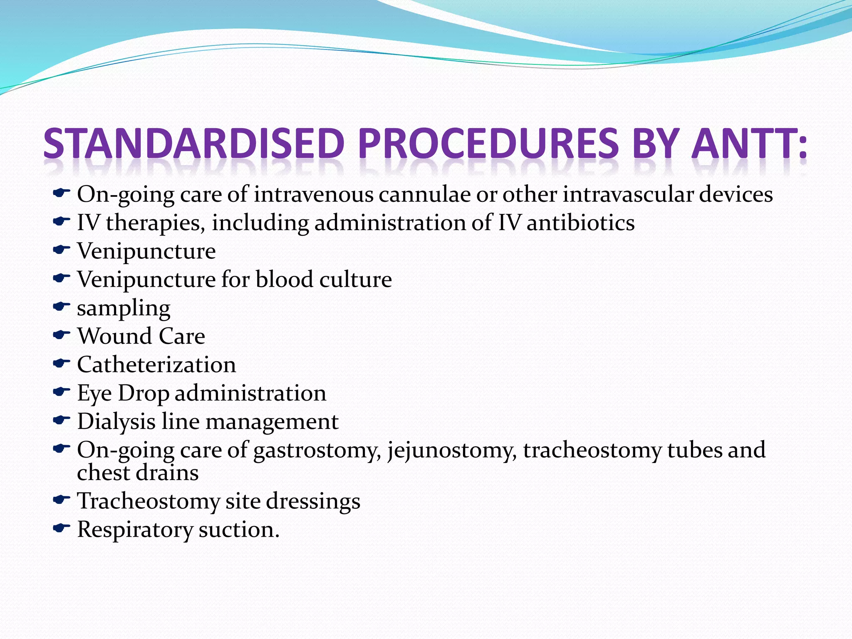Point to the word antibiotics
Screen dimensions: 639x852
tap(580, 223)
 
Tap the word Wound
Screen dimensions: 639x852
tap(114, 336)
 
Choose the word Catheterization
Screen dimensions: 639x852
tap(156, 365)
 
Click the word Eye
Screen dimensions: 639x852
tap(94, 394)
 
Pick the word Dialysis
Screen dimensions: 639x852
tap(116, 421)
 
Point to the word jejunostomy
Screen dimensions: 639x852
tap(452, 451)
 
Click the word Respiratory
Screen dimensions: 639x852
tap(134, 530)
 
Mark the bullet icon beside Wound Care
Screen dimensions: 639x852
tap(61, 334)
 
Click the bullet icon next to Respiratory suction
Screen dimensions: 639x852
tap(61, 528)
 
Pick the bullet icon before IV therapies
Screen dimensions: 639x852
tap(61, 221)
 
